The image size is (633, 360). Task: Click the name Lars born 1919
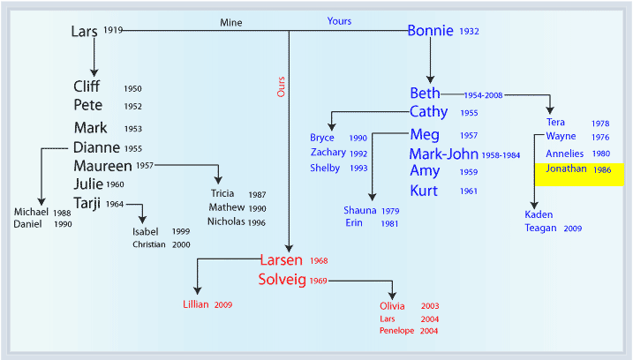point(84,32)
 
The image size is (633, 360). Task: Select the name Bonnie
point(430,31)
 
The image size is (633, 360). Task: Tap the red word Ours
point(281,86)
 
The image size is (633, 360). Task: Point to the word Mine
point(231,23)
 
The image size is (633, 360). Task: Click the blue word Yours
point(339,21)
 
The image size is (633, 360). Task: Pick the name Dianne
point(96,147)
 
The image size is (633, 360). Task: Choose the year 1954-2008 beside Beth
point(483,95)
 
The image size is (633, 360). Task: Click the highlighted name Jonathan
point(566,169)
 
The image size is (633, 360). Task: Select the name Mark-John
point(444,154)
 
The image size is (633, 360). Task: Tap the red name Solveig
point(283,280)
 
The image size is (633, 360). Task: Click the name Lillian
point(196,304)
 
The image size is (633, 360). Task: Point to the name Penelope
point(396,331)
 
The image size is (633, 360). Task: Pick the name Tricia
point(222,193)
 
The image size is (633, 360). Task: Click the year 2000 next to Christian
point(181,244)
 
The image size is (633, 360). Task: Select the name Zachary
point(328,152)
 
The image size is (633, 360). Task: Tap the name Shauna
point(360,210)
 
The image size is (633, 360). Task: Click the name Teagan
point(540,229)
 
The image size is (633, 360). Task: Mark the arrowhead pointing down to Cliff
point(94,72)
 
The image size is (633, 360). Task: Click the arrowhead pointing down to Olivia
point(392,296)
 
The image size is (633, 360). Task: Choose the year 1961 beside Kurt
point(469,191)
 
